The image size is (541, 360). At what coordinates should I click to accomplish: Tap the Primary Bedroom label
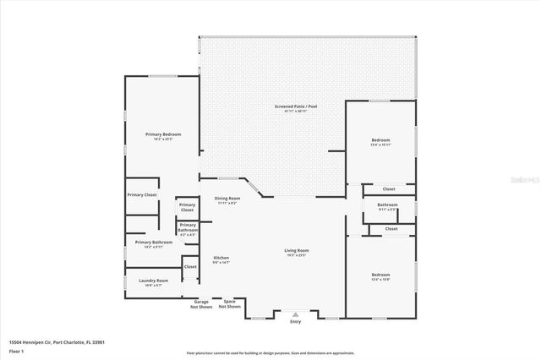coord(163,134)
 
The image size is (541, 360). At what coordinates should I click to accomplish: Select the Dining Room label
coord(227,199)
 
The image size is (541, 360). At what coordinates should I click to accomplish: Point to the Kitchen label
coord(221,258)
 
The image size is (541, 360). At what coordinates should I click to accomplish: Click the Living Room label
coord(296,250)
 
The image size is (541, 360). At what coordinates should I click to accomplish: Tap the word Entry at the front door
coord(295,321)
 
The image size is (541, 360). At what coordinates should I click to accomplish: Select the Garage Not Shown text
coord(201,303)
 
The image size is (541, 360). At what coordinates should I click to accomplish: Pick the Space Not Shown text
coord(229,303)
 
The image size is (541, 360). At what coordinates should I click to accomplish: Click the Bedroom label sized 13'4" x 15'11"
coord(381,139)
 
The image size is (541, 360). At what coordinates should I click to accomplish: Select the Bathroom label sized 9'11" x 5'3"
coord(388,205)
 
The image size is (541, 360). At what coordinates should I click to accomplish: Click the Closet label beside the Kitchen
coord(190,267)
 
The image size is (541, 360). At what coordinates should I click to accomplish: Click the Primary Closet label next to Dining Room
coord(187,207)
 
